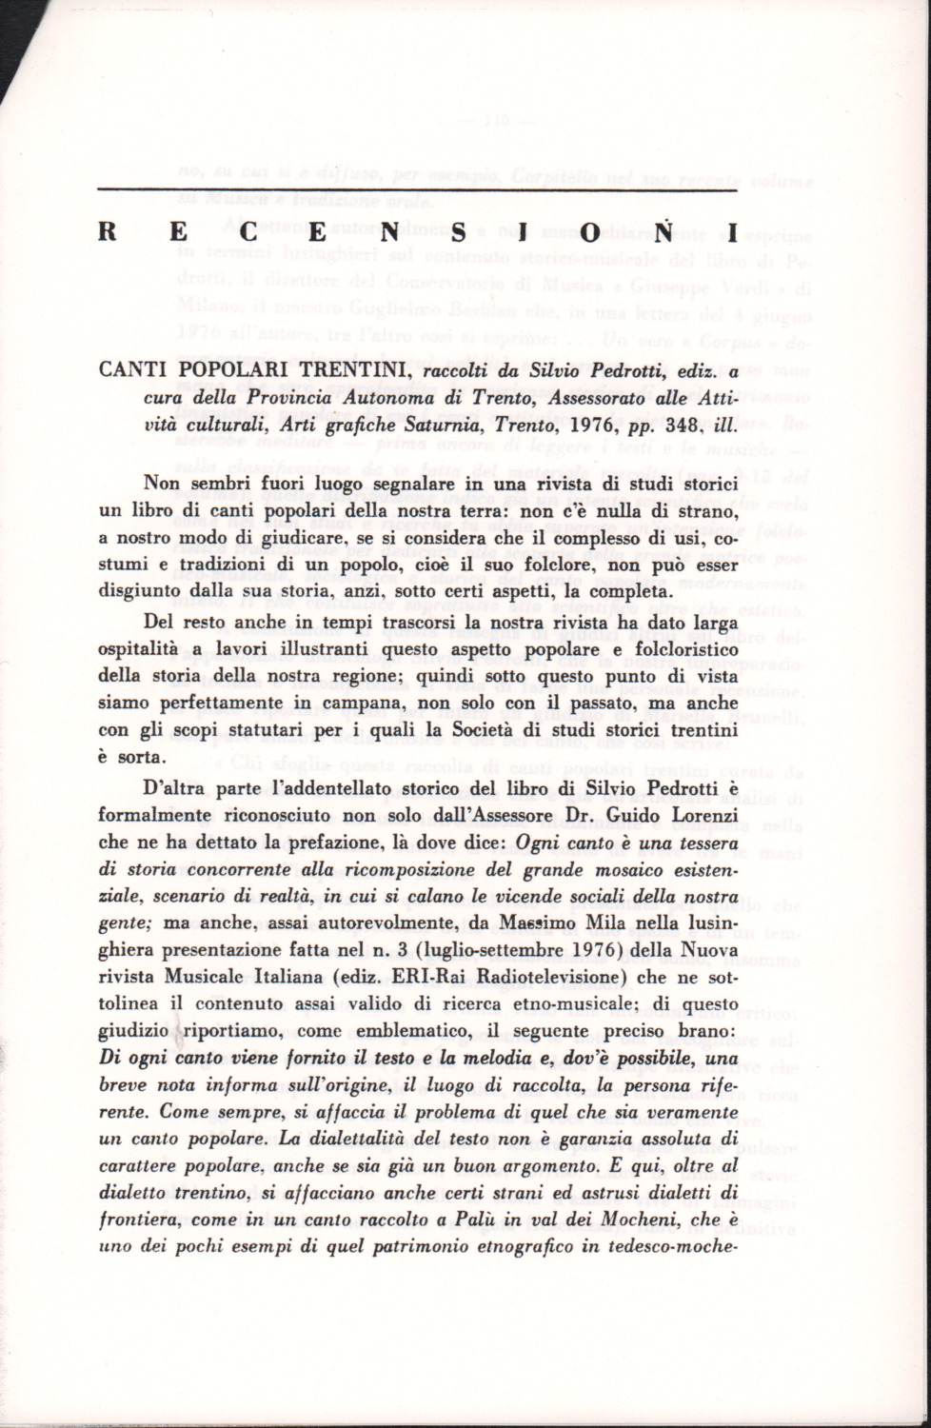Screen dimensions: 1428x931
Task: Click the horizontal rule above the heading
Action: tap(418, 190)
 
